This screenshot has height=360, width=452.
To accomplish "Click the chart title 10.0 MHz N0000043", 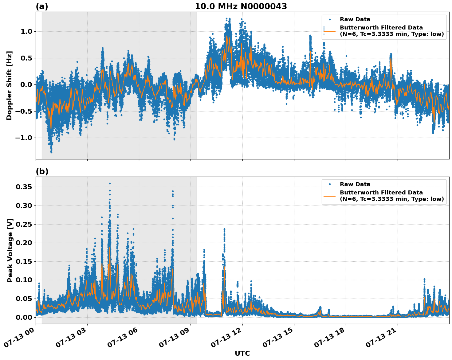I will tap(241, 6).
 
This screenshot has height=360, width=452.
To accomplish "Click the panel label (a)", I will tap(42, 6).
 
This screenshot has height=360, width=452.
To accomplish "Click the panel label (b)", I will tap(42, 171).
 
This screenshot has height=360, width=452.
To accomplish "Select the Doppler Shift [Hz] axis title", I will tap(9, 85).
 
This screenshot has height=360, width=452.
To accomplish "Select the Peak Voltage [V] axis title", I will tap(10, 250).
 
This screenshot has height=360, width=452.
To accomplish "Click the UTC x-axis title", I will tap(242, 353).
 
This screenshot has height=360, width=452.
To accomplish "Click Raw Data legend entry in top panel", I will tap(355, 19).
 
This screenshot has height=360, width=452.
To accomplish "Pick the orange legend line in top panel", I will tap(329, 31).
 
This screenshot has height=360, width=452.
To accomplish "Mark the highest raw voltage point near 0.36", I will tap(110, 183).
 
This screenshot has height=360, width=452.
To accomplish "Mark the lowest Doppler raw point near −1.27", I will tap(51, 152).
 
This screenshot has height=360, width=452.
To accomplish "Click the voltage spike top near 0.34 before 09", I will tap(173, 191).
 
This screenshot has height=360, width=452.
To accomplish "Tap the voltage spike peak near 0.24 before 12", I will tap(224, 229).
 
